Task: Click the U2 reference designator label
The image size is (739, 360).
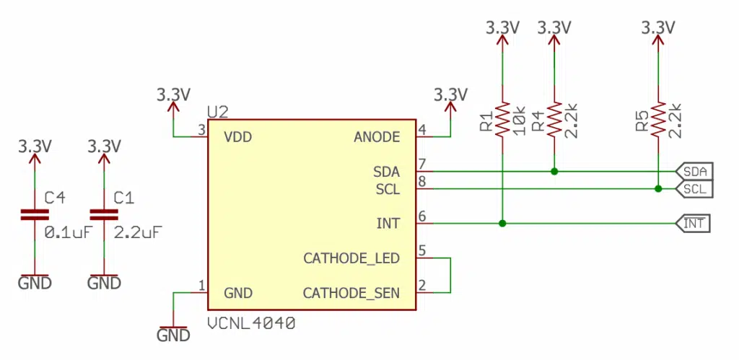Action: [217, 112]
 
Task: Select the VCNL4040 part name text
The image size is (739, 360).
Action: [250, 324]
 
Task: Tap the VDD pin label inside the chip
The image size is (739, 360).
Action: [237, 136]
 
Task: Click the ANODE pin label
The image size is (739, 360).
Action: [377, 136]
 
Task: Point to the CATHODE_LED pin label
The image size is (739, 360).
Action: [351, 258]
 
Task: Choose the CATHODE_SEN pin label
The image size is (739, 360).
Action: [351, 293]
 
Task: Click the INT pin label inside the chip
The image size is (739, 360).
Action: [388, 224]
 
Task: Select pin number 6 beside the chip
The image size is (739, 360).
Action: [422, 216]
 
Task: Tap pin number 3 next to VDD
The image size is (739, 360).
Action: [202, 130]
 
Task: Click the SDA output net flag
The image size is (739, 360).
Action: [694, 172]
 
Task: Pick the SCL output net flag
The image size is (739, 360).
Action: [694, 189]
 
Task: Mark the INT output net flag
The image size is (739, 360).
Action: [694, 224]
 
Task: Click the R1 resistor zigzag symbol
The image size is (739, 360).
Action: [502, 120]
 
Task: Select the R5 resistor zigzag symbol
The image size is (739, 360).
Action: [657, 120]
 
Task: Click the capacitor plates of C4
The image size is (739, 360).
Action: [34, 214]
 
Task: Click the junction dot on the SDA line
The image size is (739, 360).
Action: [554, 172]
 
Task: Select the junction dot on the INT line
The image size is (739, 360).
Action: [502, 224]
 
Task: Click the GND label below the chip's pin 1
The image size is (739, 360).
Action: [173, 335]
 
